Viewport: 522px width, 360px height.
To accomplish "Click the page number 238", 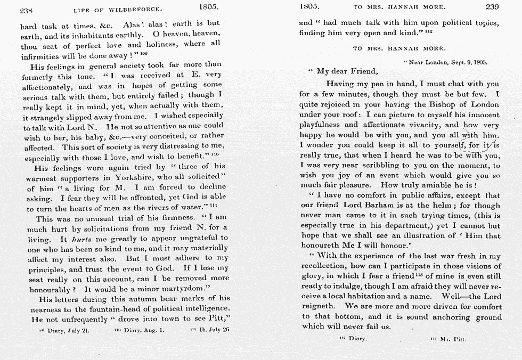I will click(27, 9).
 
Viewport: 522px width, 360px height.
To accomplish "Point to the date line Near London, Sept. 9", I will click(448, 62).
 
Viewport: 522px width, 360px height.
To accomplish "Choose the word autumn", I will click(146, 299).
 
